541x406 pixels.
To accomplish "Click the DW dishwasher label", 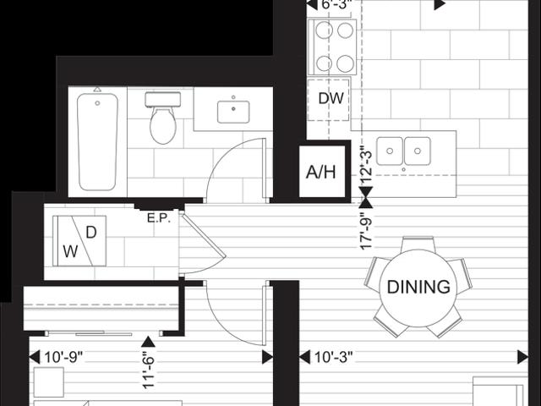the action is [x=331, y=98].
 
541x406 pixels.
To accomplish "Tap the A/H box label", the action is [x=321, y=172].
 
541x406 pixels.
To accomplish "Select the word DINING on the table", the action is [x=418, y=287].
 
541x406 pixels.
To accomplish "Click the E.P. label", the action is [x=159, y=218].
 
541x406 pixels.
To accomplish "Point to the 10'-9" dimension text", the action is [x=64, y=358].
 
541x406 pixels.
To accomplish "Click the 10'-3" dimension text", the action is [x=334, y=358].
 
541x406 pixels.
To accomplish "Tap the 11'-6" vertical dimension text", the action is [x=148, y=370].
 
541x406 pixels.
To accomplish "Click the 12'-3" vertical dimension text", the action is [x=366, y=167].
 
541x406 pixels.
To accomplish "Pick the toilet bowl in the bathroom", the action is [x=163, y=124].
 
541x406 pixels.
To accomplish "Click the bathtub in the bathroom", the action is [x=97, y=141].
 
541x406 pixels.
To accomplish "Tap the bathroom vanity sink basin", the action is [x=233, y=112].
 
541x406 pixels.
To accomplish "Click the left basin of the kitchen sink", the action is [x=390, y=151].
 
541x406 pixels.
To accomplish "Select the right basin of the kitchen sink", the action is [x=418, y=151].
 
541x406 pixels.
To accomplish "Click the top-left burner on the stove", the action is [x=324, y=30].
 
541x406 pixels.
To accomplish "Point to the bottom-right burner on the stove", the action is [x=345, y=63].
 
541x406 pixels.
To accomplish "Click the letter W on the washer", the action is [x=70, y=251].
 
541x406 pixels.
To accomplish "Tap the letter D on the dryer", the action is [x=91, y=233].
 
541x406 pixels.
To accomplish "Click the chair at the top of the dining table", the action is [x=418, y=244].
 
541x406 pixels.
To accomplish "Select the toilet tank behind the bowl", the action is [x=163, y=100].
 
